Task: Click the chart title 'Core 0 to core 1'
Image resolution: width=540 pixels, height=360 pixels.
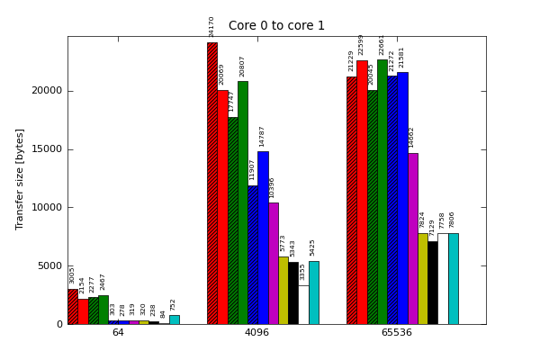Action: [x=276, y=26]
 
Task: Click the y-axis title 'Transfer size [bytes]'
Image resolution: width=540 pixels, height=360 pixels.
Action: [x=20, y=179]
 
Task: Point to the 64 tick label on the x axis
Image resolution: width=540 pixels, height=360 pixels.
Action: [x=118, y=333]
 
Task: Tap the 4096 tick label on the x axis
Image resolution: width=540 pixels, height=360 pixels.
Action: [x=257, y=333]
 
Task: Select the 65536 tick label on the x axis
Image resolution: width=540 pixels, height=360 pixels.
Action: [x=397, y=333]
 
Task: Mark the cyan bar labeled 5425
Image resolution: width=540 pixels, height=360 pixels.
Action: [x=313, y=292]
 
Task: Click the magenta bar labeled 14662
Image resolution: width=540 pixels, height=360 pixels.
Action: [x=412, y=238]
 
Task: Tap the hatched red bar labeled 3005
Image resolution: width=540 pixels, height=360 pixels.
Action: [x=73, y=306]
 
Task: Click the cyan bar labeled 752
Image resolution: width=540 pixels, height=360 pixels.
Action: [x=174, y=319]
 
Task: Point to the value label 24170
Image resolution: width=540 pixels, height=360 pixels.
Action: [x=212, y=26]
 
